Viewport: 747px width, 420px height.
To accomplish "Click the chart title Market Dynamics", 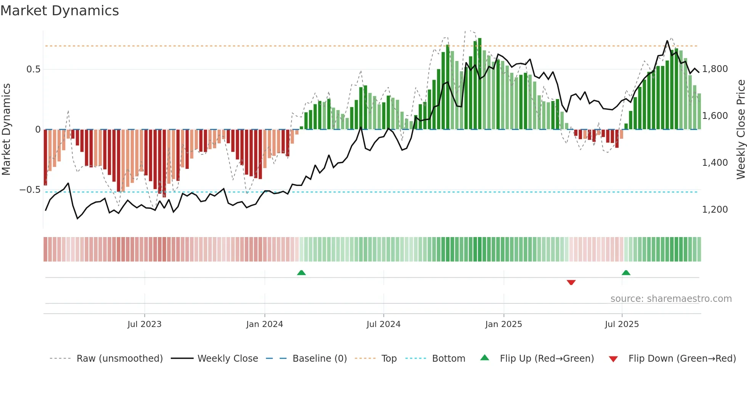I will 59,11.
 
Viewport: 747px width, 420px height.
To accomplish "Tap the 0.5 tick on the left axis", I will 33,69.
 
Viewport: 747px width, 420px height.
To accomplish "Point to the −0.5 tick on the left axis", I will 30,190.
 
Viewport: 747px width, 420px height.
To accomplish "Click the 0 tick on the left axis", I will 38,130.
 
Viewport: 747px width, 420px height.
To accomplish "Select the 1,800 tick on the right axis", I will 715,69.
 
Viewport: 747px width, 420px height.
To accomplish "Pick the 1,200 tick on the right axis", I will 715,210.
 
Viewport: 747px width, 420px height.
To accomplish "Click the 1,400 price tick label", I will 715,163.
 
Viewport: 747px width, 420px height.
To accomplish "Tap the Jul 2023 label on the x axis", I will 144,324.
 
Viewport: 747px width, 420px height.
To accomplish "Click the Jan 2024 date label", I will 264,324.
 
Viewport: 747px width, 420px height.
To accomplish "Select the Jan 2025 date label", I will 503,324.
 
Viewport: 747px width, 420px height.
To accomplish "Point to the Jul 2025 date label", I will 622,324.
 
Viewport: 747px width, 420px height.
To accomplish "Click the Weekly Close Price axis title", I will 741,130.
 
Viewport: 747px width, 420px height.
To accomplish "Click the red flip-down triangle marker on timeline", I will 571,282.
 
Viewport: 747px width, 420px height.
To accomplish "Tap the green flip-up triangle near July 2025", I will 626,273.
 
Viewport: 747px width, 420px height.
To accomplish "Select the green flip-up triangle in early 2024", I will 301,273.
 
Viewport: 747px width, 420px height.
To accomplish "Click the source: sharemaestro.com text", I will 671,299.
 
